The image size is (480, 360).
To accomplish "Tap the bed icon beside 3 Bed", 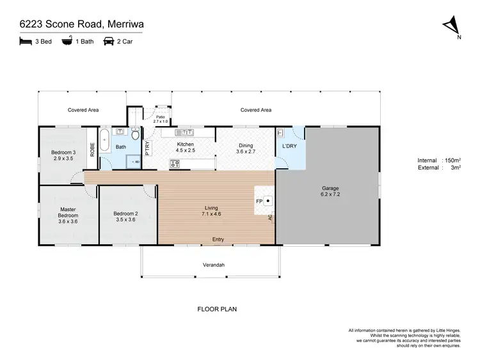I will click(24, 42).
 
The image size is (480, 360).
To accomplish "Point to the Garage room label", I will click(330, 189).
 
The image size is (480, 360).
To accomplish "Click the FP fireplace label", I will click(259, 201).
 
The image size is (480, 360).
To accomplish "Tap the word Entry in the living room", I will click(218, 240).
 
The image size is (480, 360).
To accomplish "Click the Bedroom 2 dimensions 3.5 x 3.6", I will click(125, 219).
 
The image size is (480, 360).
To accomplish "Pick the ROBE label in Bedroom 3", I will click(92, 148).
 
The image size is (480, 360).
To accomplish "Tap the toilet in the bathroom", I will click(134, 134).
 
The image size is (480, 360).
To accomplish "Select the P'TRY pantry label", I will click(147, 149).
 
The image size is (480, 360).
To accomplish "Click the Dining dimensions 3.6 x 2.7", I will click(246, 152).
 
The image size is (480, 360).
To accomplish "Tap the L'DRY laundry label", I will click(288, 146).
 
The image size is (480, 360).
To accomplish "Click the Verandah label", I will click(214, 265).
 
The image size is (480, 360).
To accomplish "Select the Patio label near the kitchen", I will click(160, 117).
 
